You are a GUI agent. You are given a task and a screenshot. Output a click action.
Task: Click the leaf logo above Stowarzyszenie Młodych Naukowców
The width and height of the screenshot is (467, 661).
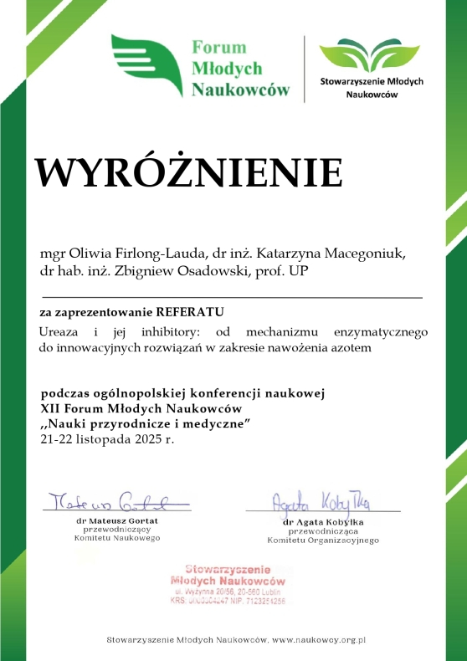(x=372, y=55)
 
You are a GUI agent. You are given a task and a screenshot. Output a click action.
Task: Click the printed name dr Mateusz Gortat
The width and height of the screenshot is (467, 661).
(x=117, y=520)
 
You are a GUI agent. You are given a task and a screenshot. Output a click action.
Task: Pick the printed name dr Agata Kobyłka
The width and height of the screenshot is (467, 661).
(x=323, y=522)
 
